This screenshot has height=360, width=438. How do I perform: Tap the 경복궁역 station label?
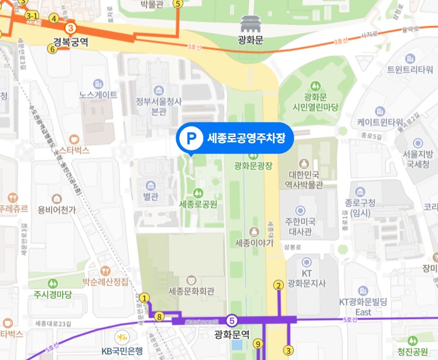pos(70,42)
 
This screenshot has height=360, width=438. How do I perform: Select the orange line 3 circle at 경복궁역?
pos(70,28)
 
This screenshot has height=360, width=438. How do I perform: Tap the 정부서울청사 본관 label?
pos(159,106)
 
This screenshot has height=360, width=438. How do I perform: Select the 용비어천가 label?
pos(57,210)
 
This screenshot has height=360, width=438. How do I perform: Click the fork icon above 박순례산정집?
pos(105,271)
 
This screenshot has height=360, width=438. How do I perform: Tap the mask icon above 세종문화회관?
pos(191,279)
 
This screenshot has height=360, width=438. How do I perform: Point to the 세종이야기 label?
pos(254,242)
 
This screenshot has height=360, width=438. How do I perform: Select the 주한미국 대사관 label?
pos(300,227)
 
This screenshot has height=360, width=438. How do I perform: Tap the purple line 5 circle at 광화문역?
pos(232,320)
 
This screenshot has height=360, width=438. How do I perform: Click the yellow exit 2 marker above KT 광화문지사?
pos(278,285)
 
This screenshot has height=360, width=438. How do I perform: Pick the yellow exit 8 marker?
pos(159,317)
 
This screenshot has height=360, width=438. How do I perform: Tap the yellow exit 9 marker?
pos(258,344)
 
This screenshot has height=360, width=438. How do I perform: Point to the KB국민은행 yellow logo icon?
pos(122,338)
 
